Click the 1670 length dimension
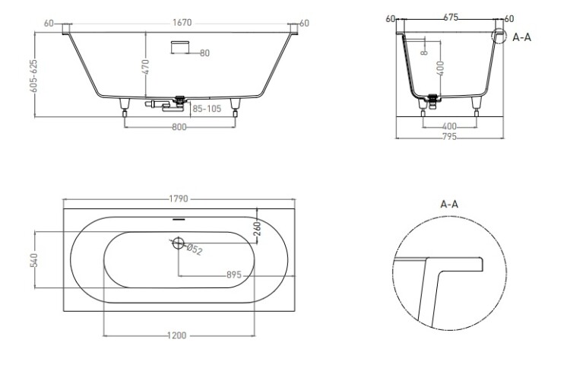click(x=182, y=23)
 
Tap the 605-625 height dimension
click(x=33, y=76)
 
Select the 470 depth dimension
click(x=145, y=67)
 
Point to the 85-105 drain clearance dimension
click(x=207, y=109)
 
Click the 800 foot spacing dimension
click(x=179, y=127)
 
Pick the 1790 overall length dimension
click(x=179, y=199)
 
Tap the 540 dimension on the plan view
click(x=33, y=260)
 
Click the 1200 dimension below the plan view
click(x=177, y=335)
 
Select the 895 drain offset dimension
click(x=234, y=275)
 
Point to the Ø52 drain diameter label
click(x=194, y=249)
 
